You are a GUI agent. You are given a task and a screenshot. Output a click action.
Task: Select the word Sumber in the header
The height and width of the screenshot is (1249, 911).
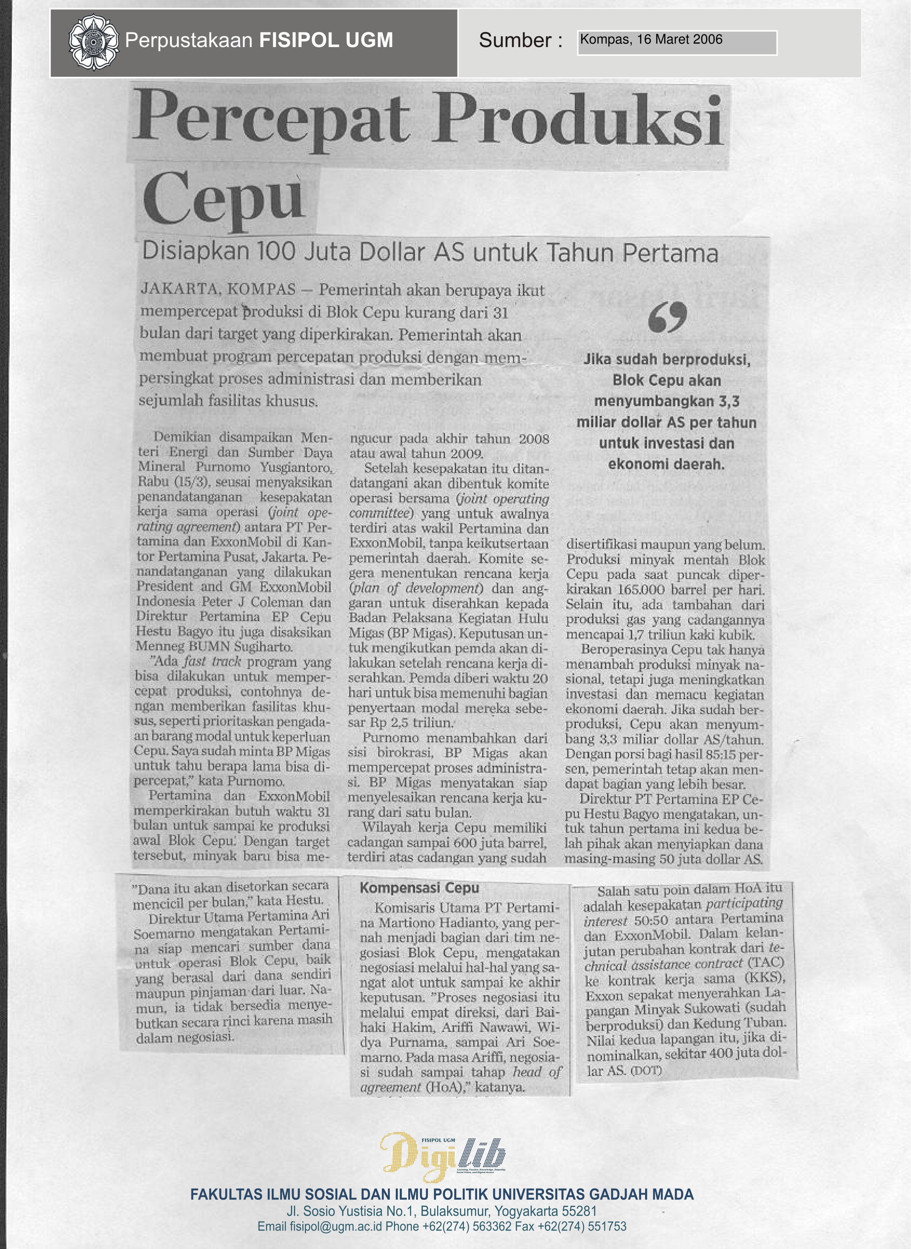[x=515, y=40]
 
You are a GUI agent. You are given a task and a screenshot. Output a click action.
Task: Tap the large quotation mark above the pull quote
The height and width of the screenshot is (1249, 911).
[x=667, y=317]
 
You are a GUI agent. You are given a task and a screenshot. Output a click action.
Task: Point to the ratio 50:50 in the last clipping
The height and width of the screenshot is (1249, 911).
[x=651, y=920]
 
